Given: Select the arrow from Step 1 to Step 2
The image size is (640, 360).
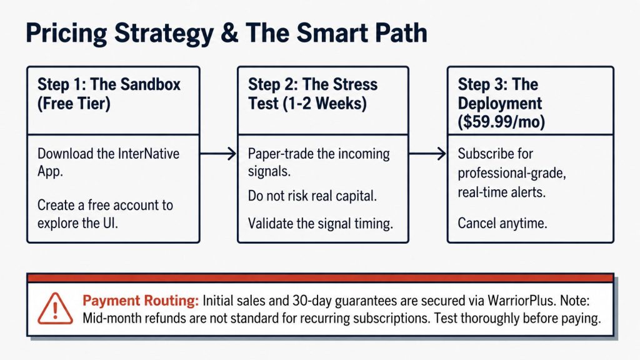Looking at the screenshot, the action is (218, 154).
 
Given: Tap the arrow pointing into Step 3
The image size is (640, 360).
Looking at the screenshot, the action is (427, 154).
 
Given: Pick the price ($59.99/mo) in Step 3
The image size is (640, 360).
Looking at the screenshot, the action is (501, 122).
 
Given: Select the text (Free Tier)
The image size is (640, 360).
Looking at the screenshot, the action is (74, 103).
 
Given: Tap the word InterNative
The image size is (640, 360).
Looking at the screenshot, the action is (149, 154).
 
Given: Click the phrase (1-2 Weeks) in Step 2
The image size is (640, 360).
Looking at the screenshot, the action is (324, 103).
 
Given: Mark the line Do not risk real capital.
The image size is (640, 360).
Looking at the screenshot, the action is (312, 196).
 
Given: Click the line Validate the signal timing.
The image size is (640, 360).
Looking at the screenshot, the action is (321, 224).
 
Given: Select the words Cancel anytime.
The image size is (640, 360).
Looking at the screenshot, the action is (502, 223).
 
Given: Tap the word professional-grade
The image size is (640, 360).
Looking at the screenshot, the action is (512, 173).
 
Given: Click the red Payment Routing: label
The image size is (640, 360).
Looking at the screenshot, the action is (141, 301).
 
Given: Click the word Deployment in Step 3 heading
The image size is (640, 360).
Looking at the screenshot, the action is (500, 103).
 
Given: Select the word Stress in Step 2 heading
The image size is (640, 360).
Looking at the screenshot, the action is (355, 84).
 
